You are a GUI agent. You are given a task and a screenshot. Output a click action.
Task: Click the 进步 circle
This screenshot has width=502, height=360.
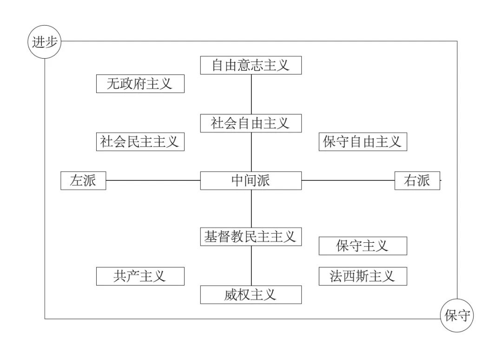[x=45, y=41]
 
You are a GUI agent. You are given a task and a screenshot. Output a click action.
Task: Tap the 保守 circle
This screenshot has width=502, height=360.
[x=457, y=316]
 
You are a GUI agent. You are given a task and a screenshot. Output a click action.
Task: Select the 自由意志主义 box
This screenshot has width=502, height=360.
[x=251, y=65]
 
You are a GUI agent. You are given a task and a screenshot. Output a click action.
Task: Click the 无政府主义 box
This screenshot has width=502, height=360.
[x=140, y=84]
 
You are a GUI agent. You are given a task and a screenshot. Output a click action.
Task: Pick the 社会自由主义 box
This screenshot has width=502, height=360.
[x=251, y=123]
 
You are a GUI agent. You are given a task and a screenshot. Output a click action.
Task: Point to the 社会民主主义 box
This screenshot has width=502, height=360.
[x=140, y=141]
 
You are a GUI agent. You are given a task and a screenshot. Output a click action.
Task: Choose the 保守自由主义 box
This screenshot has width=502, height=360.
[x=363, y=141]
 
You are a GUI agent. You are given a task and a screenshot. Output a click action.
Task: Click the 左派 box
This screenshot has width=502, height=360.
[x=83, y=180]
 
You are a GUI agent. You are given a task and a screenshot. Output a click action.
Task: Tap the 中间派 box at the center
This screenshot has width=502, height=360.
[x=251, y=180]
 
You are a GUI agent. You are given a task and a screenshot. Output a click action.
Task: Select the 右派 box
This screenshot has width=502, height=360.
[x=417, y=180]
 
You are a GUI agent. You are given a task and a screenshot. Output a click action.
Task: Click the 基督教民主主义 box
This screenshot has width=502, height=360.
[x=251, y=236]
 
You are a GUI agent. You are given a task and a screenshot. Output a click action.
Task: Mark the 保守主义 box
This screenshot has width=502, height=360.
[x=363, y=246]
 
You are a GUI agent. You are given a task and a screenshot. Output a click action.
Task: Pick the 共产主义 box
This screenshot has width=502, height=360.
[x=140, y=276]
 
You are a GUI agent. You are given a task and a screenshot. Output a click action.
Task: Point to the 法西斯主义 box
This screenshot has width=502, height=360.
[x=363, y=276]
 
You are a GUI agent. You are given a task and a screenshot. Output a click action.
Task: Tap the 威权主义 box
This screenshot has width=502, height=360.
[x=251, y=294]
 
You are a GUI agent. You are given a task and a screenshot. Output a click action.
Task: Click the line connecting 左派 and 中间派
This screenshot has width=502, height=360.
[x=153, y=180]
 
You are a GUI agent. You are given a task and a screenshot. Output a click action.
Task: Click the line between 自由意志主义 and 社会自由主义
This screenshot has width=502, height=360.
[x=251, y=94]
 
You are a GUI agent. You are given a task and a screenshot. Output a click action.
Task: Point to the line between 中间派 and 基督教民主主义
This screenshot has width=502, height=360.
[x=251, y=208]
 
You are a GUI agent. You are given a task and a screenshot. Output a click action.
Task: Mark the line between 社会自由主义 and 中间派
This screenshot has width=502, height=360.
[x=251, y=152]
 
